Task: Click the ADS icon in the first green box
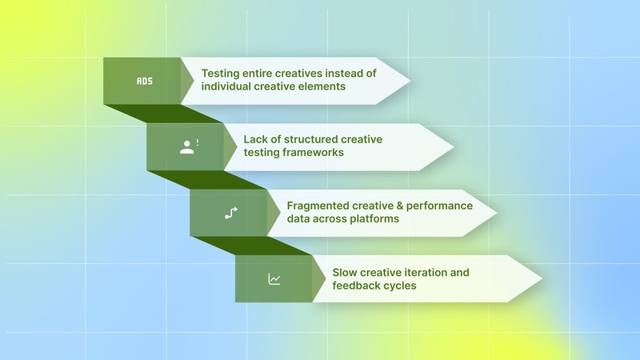[x=144, y=81]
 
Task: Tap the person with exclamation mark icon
[x=188, y=146]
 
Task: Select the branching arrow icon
[x=231, y=213]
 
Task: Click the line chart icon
[x=274, y=279]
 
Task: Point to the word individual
[x=230, y=86]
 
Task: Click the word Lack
[x=258, y=139]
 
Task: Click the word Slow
[x=346, y=272]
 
